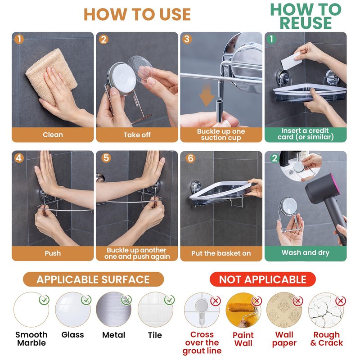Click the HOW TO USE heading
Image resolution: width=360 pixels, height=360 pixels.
click(x=137, y=14)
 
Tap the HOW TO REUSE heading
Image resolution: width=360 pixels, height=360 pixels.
click(x=306, y=16)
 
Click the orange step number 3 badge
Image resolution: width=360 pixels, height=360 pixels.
click(x=187, y=39)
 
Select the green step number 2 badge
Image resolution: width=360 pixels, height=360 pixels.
click(x=274, y=158)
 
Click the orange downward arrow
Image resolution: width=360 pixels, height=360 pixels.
click(x=207, y=94)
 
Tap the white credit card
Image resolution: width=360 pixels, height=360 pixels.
click(x=291, y=61)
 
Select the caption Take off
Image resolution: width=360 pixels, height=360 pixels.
click(x=137, y=135)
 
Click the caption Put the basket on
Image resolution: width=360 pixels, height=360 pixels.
click(x=221, y=253)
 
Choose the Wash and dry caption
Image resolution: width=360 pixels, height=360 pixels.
click(x=306, y=253)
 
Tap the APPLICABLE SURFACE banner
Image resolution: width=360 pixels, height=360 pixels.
click(x=93, y=279)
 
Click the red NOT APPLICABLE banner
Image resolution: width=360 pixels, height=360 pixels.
click(x=263, y=279)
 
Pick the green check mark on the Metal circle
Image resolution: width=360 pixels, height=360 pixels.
click(x=126, y=300)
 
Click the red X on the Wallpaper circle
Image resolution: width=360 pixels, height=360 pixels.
click(x=298, y=301)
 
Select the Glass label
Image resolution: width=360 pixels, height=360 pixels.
click(x=72, y=335)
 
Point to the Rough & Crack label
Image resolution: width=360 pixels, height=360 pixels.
click(x=327, y=339)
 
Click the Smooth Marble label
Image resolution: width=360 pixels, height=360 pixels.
click(x=31, y=339)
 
